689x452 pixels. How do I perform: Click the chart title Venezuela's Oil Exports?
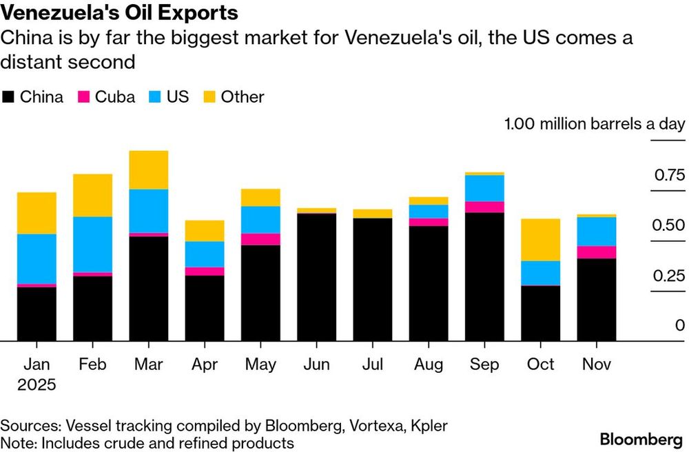pos(121,13)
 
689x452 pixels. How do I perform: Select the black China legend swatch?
pos(9,97)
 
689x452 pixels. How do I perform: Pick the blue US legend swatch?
pos(155,97)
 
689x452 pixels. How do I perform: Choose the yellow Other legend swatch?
pos(209,97)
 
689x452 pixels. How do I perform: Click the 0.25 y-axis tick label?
pos(668,276)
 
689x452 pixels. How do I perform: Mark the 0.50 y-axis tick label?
pos(668,225)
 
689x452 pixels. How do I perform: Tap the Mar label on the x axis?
pos(148,364)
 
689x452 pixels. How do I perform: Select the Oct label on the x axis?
pos(540,364)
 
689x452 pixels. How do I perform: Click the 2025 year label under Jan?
pos(37,384)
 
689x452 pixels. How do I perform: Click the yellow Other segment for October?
pos(540,240)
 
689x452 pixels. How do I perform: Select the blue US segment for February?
pos(92,245)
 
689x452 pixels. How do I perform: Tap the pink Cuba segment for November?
pos(597,252)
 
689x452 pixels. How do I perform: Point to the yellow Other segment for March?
pos(148,170)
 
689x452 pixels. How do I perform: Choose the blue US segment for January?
pos(37,258)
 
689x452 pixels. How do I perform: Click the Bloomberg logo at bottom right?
pos(640,440)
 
